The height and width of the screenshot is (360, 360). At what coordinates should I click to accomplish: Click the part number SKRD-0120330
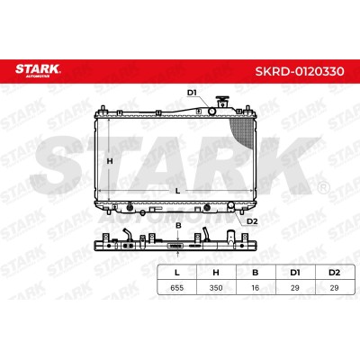pos(300,71)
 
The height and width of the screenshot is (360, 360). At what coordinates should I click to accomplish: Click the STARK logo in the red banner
pos(38,70)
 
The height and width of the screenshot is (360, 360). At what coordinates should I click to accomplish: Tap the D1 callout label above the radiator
pos(192,93)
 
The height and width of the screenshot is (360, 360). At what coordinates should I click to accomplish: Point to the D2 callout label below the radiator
pos(252,221)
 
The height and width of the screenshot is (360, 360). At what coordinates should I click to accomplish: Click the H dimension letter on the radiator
pos(110,161)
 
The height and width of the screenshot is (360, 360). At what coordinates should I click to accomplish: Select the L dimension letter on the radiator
pos(177,191)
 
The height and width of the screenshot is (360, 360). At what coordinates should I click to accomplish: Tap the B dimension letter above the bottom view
pos(178,225)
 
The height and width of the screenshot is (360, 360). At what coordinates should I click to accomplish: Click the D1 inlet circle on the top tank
pos(211,112)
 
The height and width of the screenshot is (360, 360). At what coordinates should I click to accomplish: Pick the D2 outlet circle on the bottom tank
pos(231,205)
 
